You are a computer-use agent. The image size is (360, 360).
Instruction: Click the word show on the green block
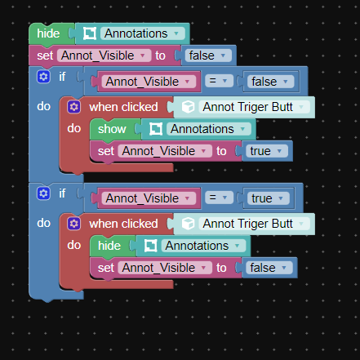[112, 129]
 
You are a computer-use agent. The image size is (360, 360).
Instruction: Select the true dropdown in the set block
[267, 151]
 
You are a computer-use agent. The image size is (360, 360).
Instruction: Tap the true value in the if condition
[269, 198]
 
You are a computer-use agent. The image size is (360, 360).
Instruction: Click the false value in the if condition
[270, 82]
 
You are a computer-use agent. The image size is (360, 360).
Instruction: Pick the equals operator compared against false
[219, 81]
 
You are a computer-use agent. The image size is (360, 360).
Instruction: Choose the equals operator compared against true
[219, 198]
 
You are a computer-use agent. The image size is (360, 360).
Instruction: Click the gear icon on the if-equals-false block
[43, 77]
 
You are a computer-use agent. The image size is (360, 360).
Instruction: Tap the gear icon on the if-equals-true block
[43, 193]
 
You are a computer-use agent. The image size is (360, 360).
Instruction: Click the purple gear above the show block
[73, 107]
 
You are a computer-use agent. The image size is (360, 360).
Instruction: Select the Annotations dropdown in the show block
[208, 129]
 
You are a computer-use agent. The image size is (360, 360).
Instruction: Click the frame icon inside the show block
[156, 129]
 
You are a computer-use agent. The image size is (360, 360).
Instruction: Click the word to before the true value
[221, 151]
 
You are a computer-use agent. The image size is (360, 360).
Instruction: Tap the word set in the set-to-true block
[106, 151]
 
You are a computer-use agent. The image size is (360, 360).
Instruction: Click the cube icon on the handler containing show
[188, 107]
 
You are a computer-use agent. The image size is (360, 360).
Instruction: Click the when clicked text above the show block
[123, 107]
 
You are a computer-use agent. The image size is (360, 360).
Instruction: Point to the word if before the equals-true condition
[62, 193]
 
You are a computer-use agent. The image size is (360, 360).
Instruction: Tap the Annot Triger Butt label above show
[248, 107]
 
